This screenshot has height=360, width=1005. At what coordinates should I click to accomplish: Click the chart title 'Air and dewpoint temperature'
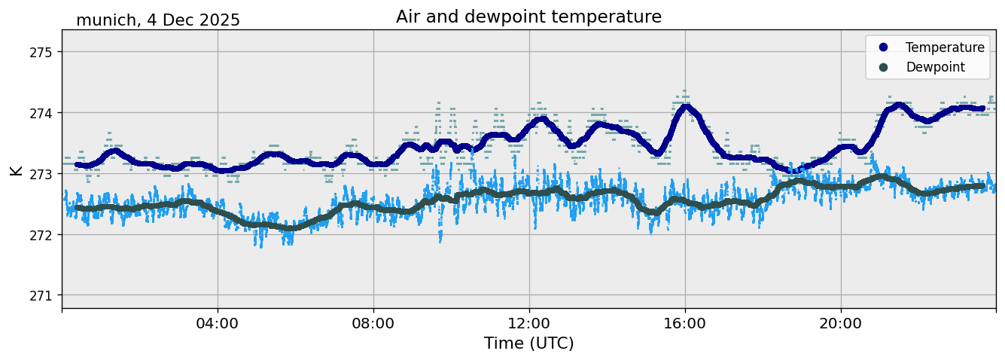point(528,17)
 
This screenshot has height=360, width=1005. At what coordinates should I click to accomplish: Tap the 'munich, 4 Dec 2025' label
point(158,20)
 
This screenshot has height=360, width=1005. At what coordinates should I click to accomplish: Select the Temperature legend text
point(945,47)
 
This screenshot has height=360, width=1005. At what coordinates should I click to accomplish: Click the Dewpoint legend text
point(935,67)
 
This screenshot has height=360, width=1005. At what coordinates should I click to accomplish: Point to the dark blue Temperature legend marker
point(883,47)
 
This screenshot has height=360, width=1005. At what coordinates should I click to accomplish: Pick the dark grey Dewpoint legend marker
point(883,67)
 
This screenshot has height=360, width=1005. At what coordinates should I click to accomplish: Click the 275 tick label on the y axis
point(42,52)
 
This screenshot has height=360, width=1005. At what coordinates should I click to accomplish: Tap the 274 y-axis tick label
point(42,113)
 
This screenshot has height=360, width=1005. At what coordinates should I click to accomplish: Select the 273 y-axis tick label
point(42,174)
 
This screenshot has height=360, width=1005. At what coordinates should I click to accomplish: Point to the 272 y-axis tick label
point(42,235)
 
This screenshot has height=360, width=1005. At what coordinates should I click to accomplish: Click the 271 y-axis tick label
point(42,295)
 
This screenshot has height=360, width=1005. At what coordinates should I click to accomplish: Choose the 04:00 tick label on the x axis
point(218,324)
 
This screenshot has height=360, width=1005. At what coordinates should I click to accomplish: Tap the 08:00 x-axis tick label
point(373,324)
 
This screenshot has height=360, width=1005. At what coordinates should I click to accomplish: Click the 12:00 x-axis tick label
point(529,324)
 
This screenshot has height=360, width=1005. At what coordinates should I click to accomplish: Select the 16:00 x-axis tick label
point(685,324)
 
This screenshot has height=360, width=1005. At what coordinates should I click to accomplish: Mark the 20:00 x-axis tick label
point(841,324)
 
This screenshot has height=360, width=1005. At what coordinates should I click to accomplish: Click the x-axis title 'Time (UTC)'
point(528,343)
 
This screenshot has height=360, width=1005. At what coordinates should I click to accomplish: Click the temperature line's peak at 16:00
point(686,107)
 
